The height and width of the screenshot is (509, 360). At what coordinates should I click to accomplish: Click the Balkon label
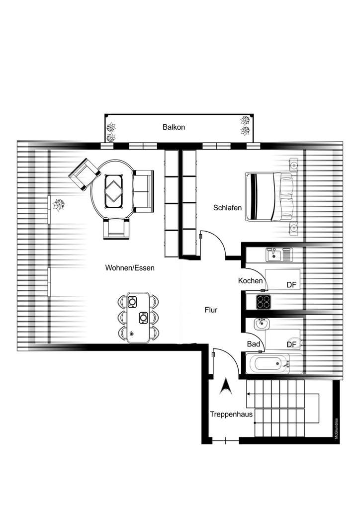pyautogui.click(x=174, y=127)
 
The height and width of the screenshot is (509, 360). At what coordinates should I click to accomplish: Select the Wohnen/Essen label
pyautogui.click(x=129, y=268)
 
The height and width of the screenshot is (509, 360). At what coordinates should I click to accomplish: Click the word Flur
pyautogui.click(x=211, y=310)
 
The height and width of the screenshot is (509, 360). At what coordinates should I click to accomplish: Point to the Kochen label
pyautogui.click(x=250, y=281)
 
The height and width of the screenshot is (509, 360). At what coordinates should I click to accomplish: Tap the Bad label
pyautogui.click(x=253, y=343)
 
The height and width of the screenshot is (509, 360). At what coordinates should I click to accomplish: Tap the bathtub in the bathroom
pyautogui.click(x=269, y=364)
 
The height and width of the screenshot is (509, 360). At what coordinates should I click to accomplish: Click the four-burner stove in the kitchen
pyautogui.click(x=263, y=301)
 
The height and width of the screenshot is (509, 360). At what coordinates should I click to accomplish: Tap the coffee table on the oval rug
pyautogui.click(x=115, y=189)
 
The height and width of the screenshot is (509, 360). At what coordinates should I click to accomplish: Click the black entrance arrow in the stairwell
pyautogui.click(x=226, y=386)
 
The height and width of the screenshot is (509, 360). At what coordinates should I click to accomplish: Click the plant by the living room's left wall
pyautogui.click(x=59, y=204)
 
